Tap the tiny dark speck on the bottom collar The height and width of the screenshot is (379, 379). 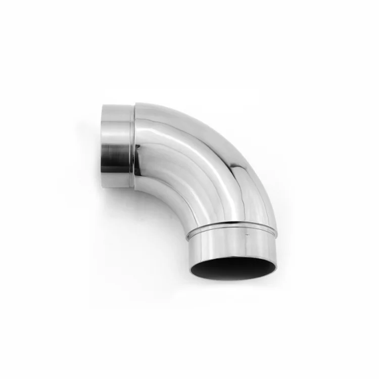246,234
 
